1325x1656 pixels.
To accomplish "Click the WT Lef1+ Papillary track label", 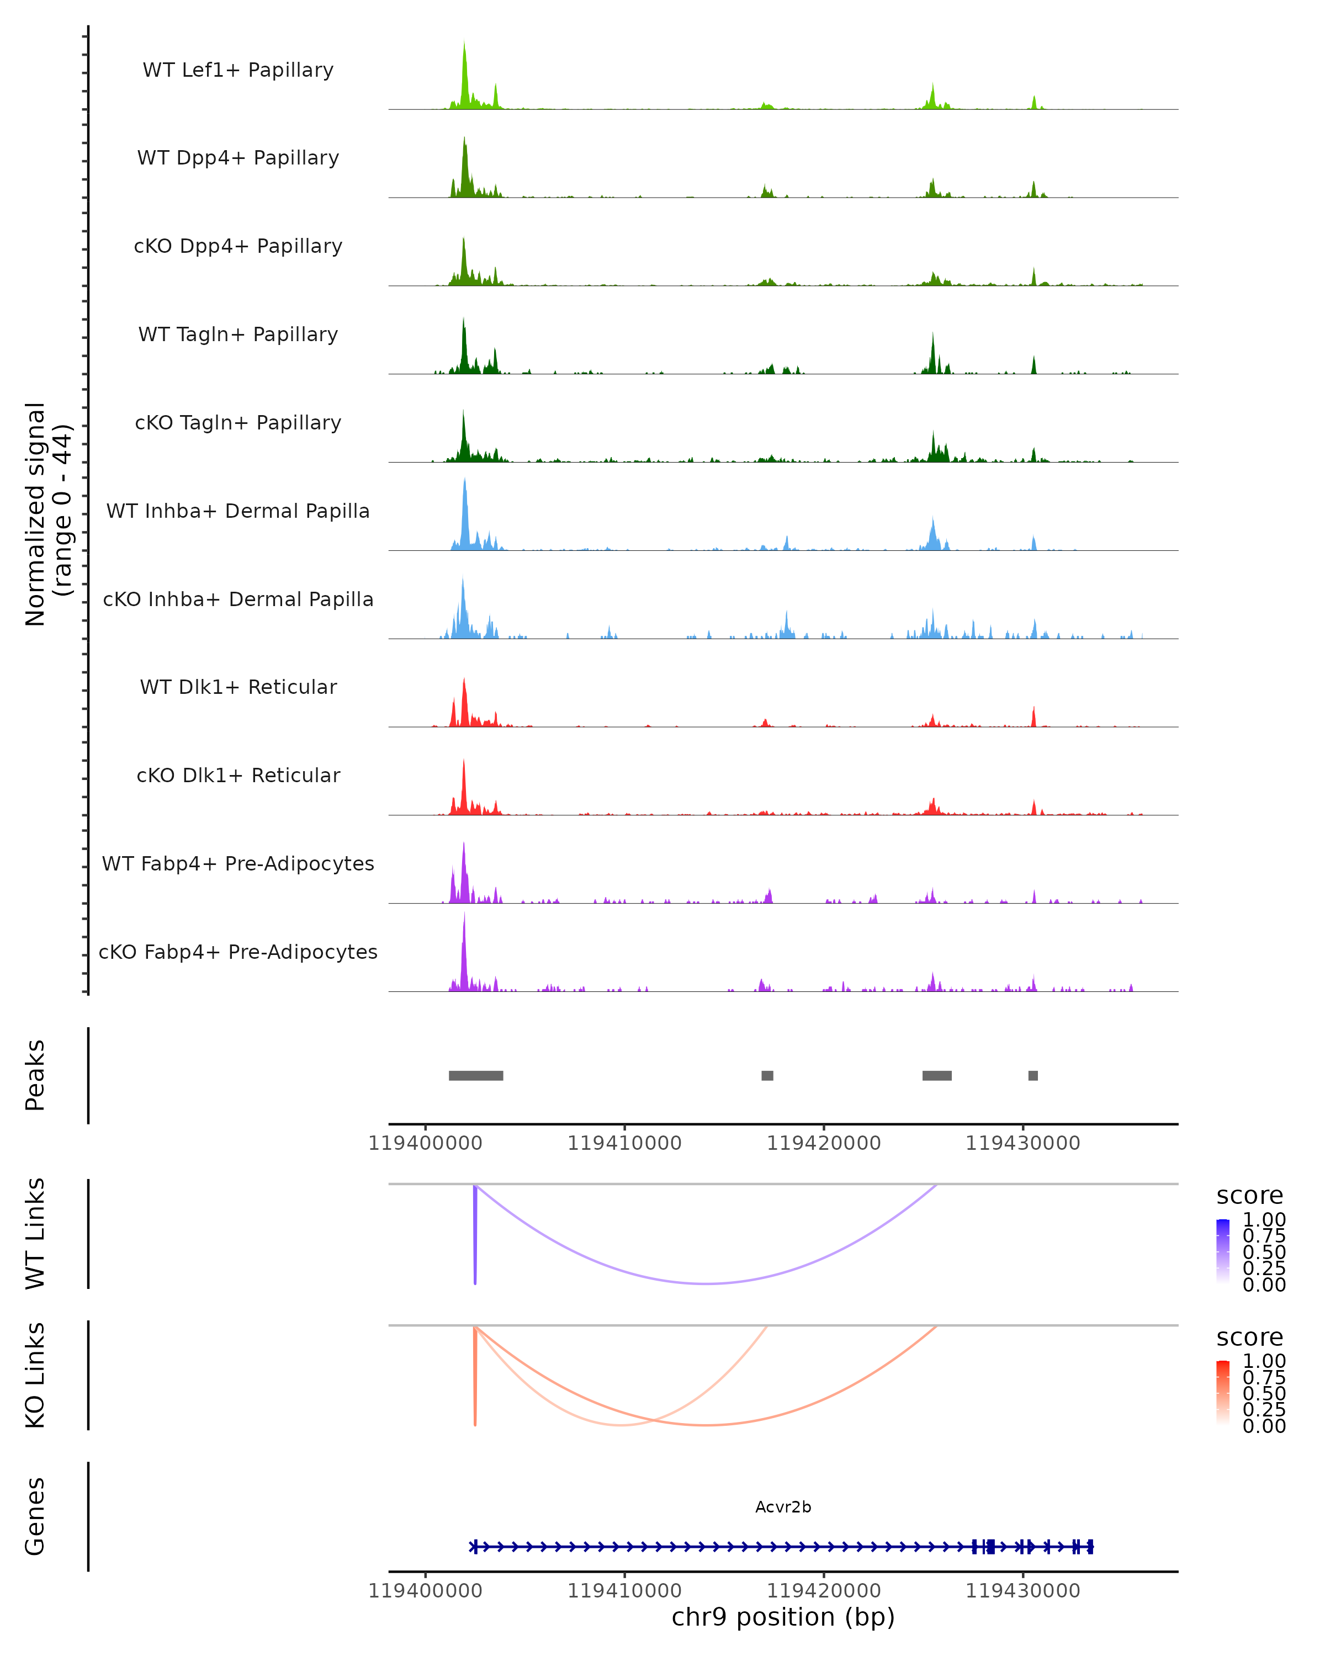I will [238, 70].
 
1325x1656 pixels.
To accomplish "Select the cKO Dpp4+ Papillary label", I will [238, 247].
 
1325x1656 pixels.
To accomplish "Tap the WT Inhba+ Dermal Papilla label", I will [238, 512].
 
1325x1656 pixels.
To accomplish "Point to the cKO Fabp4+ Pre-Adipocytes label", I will [238, 952].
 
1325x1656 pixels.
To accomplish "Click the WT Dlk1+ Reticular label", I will [238, 687].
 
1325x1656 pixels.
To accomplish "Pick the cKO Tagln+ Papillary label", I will [238, 423].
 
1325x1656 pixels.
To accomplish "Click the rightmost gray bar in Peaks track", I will [1033, 1075].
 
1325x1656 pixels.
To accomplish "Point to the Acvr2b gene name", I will [783, 1507].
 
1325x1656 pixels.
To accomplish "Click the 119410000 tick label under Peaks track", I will [624, 1144].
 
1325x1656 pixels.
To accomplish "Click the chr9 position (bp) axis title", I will [783, 1617].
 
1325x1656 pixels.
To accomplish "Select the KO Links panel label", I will [35, 1375].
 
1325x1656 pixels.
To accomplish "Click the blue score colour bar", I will [1223, 1250].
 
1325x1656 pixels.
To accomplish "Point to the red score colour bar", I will [1223, 1393].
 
